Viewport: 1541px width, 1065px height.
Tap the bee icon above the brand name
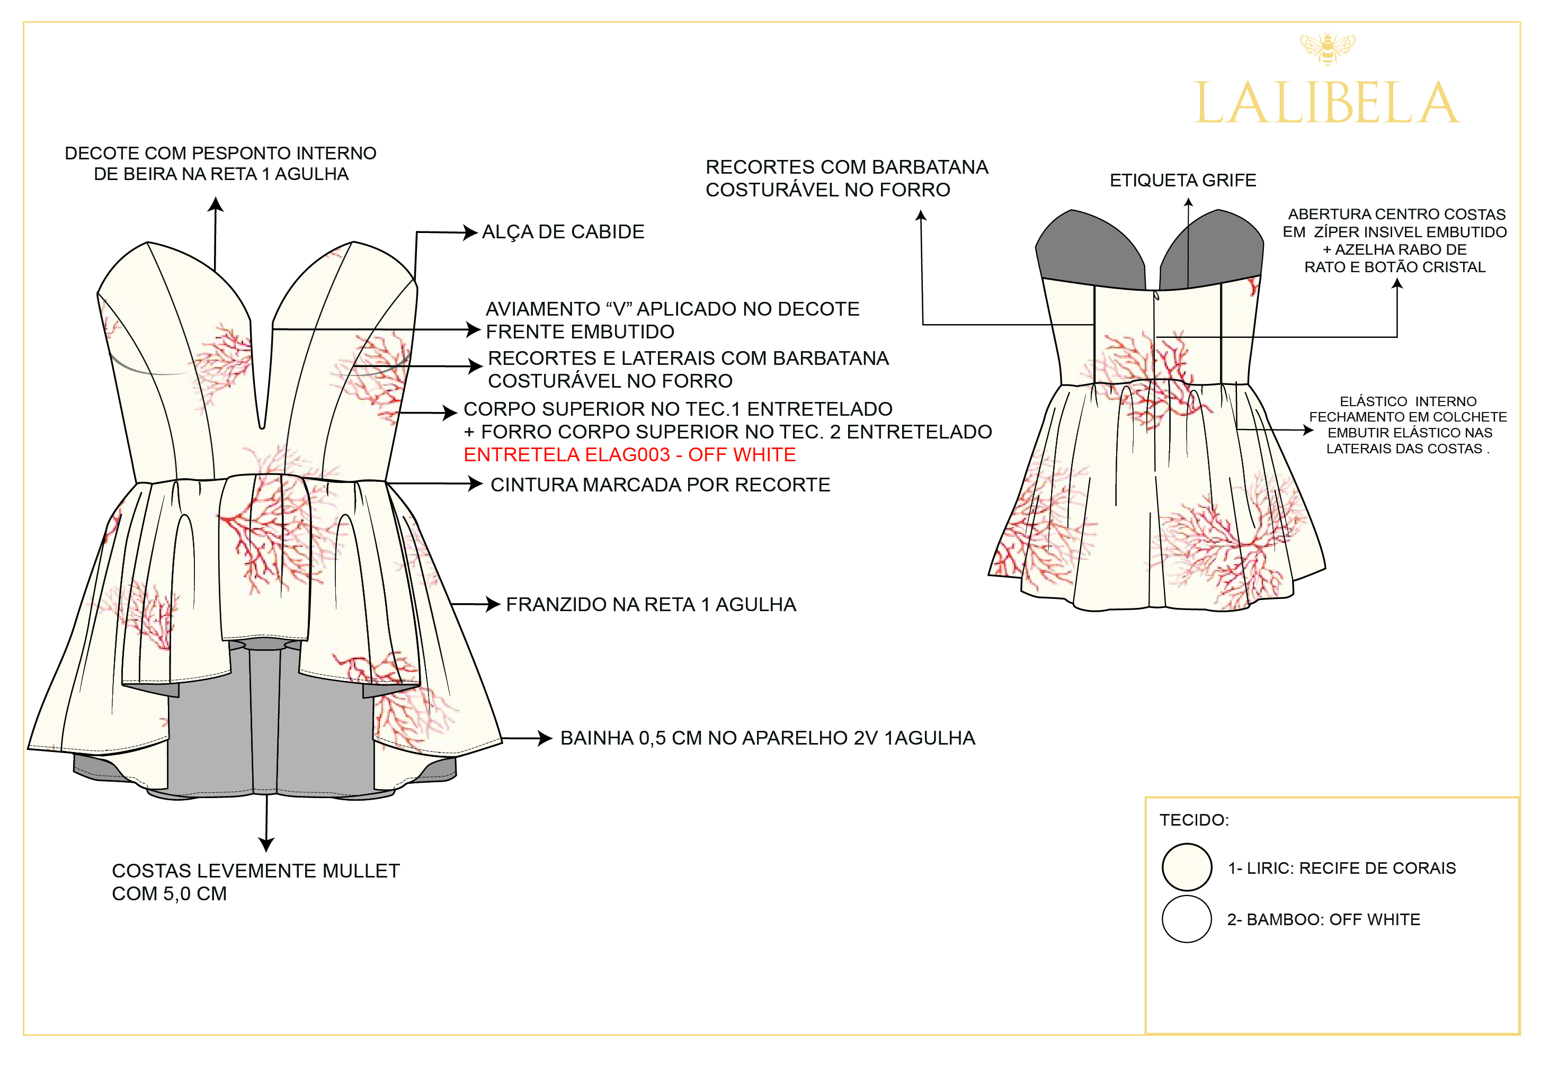[x=1327, y=48]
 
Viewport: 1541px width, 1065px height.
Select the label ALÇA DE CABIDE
[x=563, y=232]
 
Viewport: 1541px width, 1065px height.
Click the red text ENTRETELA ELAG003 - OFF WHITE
[x=629, y=455]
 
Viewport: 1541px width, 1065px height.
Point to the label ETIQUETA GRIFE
[x=1182, y=181]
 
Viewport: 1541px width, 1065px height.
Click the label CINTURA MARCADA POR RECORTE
[x=660, y=485]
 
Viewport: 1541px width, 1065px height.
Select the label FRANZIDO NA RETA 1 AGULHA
[x=651, y=605]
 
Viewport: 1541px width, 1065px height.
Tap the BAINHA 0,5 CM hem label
[x=768, y=738]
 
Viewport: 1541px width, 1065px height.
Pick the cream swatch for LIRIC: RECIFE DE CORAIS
[x=1187, y=867]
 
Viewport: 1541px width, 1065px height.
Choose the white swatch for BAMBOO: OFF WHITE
[x=1187, y=919]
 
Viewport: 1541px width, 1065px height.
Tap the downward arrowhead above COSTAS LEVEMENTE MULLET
[x=266, y=845]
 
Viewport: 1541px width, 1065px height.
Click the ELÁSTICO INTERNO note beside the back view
[x=1408, y=425]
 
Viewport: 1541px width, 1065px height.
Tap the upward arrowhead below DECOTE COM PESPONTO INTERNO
[x=216, y=204]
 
